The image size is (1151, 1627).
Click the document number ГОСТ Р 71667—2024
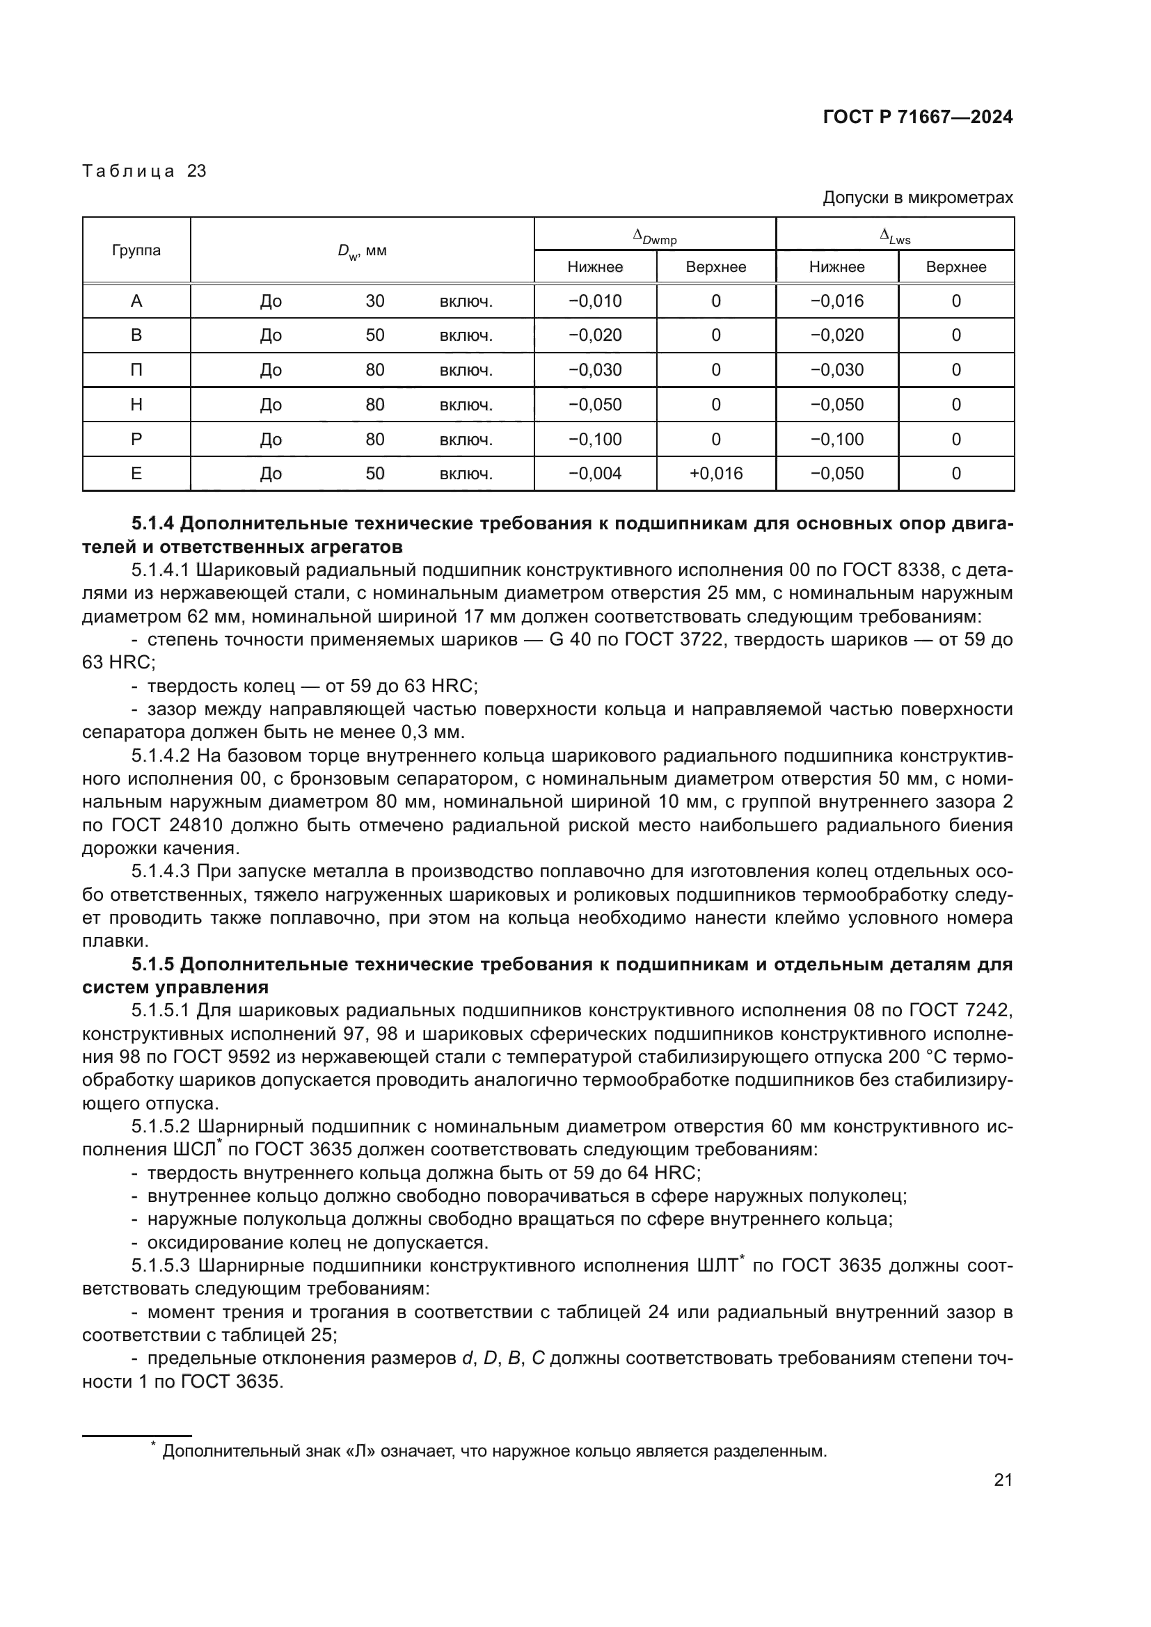coord(917,118)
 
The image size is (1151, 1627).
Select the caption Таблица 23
coord(144,171)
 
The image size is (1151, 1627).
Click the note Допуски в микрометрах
coord(917,198)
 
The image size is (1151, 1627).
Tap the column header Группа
coord(136,250)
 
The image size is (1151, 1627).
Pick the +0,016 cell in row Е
coord(716,474)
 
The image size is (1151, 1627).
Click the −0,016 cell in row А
coord(837,301)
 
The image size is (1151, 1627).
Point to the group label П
coord(136,370)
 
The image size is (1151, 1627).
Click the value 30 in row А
coord(375,301)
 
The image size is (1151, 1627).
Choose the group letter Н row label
coord(136,405)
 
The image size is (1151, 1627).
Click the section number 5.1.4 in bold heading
coord(152,524)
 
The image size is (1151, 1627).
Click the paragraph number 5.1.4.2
coord(161,756)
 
